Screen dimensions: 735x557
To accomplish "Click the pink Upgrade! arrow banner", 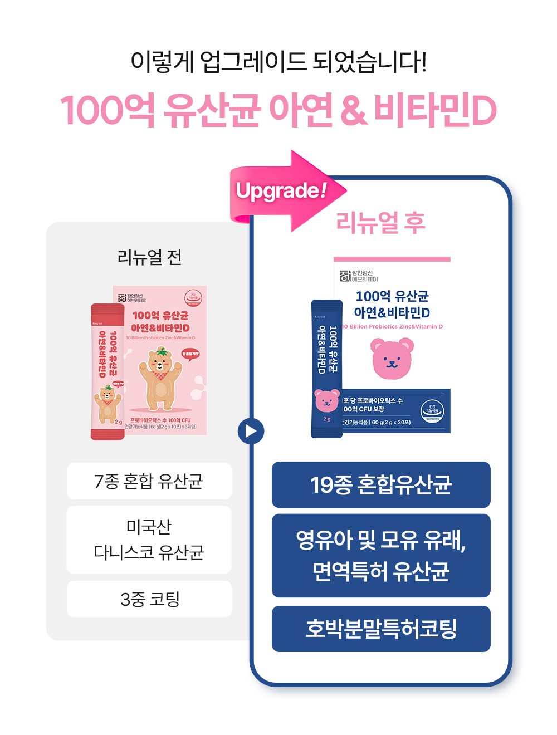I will pos(284,191).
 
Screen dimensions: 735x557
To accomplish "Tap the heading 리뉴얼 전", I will pos(149,257).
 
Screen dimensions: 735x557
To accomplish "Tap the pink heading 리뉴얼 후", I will pos(380,223).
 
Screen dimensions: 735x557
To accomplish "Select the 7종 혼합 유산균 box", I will pos(149,481).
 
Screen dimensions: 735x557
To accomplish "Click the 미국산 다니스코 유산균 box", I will pos(149,540).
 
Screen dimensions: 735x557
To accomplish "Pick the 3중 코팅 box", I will pos(149,599).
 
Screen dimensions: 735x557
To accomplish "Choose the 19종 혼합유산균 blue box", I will pos(381,485).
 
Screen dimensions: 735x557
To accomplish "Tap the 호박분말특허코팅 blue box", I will pos(381,629).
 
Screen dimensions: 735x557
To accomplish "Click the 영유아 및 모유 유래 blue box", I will pos(381,556).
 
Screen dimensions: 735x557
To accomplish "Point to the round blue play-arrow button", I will pos(251,431).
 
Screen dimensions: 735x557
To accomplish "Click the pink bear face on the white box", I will pos(392,359).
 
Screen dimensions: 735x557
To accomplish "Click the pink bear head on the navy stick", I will pos(327,400).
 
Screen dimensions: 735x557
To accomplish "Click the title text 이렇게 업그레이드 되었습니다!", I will pos(278,61).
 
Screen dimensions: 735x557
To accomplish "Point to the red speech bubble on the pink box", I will pos(190,354).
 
